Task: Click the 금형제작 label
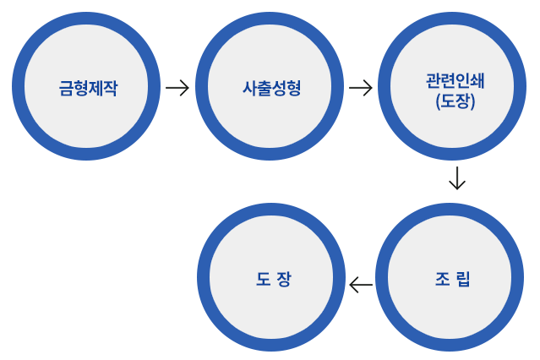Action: (x=88, y=87)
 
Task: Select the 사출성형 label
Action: (x=271, y=87)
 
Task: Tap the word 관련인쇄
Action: (x=456, y=82)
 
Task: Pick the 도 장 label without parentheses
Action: (x=272, y=278)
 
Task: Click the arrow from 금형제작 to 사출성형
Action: (x=177, y=87)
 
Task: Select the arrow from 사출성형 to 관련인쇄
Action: (x=360, y=87)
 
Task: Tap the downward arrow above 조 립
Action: (x=456, y=178)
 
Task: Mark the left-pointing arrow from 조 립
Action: (x=361, y=285)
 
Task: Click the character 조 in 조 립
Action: (x=441, y=278)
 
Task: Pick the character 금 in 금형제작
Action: (x=66, y=87)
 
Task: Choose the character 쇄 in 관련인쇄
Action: (x=478, y=82)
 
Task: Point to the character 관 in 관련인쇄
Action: (x=434, y=82)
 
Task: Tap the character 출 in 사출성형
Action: (x=264, y=87)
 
